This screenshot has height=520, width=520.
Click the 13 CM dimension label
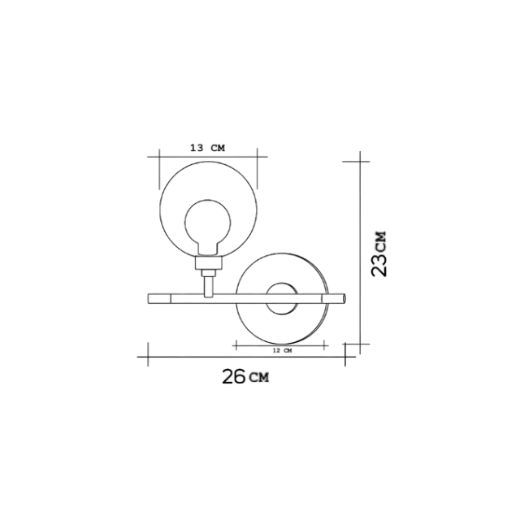tap(208, 148)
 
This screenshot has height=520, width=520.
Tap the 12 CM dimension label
tap(282, 350)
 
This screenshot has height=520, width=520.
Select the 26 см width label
tap(245, 376)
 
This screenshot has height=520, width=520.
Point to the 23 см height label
tap(379, 254)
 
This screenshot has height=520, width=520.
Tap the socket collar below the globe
tap(208, 262)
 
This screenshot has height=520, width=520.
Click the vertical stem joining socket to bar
tap(208, 287)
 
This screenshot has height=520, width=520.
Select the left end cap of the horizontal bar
tap(159, 298)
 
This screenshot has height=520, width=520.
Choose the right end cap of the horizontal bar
tap(334, 298)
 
